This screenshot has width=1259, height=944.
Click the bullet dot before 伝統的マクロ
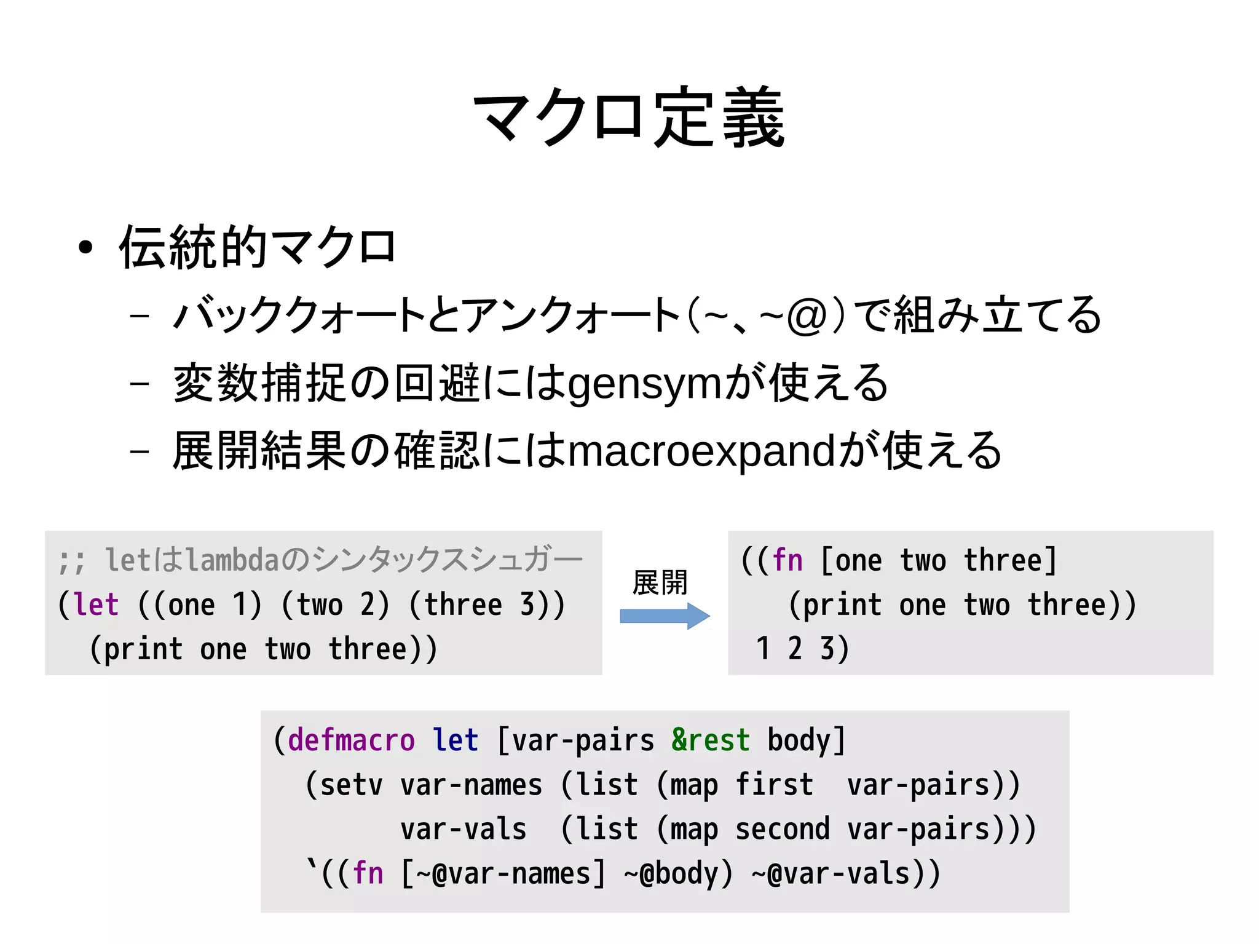(x=85, y=248)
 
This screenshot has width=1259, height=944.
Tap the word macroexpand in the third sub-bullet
(x=701, y=451)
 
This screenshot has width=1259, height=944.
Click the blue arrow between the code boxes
(x=665, y=616)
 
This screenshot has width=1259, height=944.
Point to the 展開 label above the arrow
(x=660, y=582)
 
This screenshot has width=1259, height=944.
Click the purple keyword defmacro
(x=351, y=740)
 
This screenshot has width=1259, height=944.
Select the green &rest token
(x=710, y=740)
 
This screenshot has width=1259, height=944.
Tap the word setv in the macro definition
(x=351, y=785)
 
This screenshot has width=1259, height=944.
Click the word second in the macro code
(x=782, y=829)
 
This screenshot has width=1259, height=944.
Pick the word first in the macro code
(x=774, y=785)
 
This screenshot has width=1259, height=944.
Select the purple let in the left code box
(x=97, y=605)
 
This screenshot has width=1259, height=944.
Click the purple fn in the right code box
(x=788, y=560)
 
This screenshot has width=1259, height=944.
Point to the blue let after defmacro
(x=455, y=740)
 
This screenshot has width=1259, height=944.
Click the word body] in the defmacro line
(x=806, y=740)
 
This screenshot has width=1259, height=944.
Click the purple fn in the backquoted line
(x=368, y=874)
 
